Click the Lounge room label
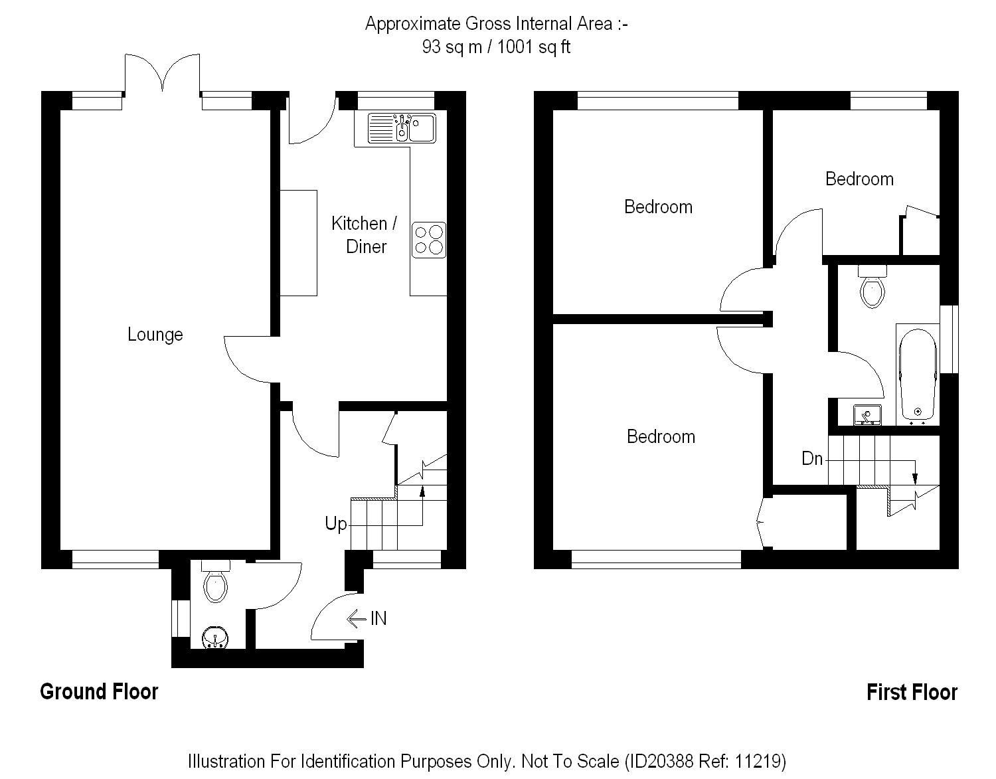click(155, 335)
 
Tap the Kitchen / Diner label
click(365, 234)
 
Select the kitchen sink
click(402, 128)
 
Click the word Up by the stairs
click(335, 524)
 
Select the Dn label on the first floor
click(812, 459)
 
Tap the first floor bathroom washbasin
click(867, 414)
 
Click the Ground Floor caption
click(100, 691)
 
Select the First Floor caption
click(912, 693)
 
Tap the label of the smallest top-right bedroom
click(859, 179)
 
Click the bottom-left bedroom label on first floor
click(661, 436)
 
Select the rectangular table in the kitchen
click(298, 242)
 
